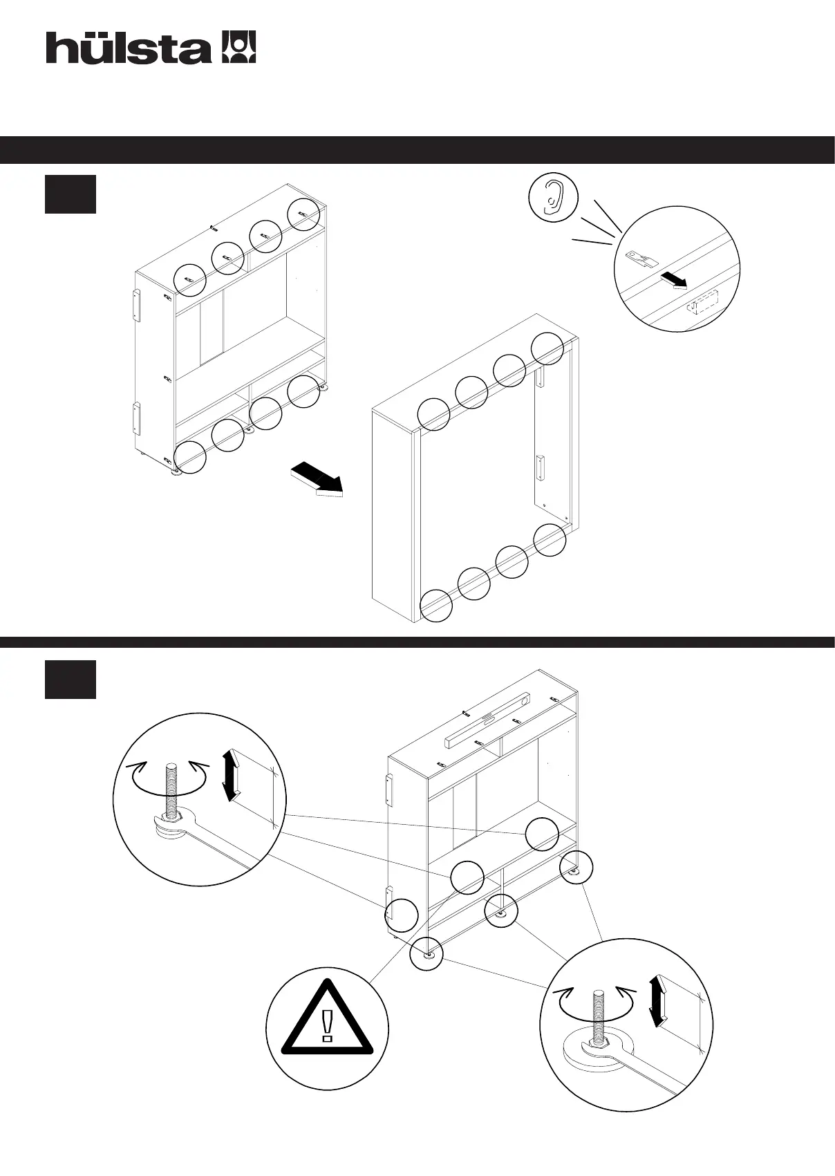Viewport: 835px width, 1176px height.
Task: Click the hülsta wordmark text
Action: (128, 48)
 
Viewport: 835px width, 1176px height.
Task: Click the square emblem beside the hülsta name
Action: (238, 48)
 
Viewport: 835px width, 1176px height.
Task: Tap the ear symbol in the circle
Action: (552, 196)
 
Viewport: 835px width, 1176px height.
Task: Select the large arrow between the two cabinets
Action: (317, 480)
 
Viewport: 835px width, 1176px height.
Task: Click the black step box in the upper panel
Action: (71, 194)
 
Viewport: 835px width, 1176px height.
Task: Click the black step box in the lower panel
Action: (71, 680)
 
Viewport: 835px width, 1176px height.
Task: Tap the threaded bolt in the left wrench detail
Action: (171, 785)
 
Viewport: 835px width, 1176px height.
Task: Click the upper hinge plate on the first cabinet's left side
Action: (136, 305)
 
